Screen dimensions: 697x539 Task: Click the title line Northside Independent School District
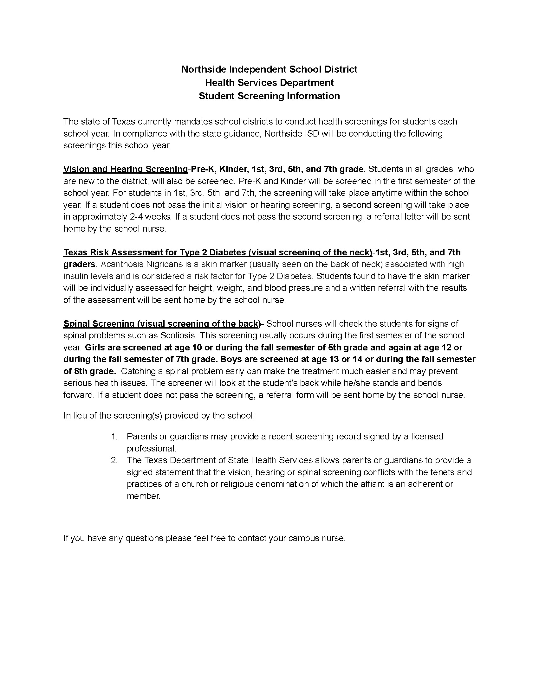[x=269, y=69]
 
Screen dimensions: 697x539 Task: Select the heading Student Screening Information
[x=269, y=96]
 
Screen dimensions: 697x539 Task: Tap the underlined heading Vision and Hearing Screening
[x=125, y=169]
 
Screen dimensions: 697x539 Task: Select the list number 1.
[x=114, y=437]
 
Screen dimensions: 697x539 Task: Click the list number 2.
[x=114, y=460]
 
